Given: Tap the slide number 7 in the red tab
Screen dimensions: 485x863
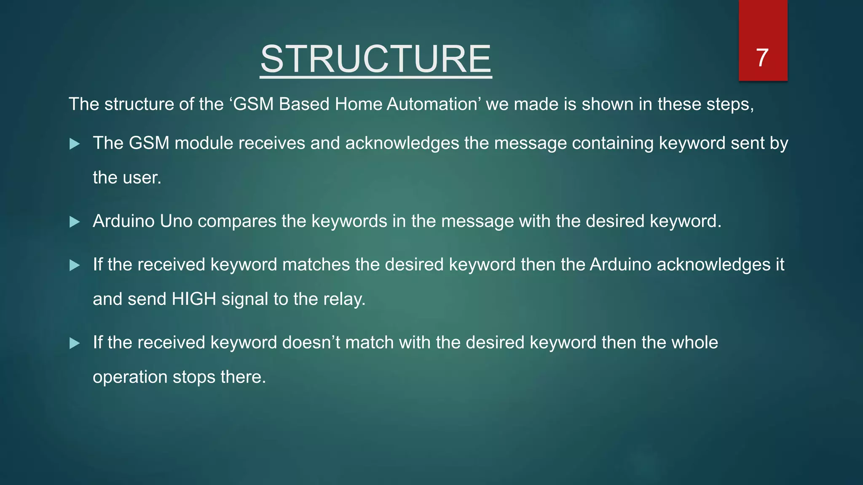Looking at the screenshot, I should point(762,58).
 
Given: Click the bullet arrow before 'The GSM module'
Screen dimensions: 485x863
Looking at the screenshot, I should point(75,144).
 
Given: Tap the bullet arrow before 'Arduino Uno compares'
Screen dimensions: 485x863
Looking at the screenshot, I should point(75,222).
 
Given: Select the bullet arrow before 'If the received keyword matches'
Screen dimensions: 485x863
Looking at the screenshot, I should point(75,265).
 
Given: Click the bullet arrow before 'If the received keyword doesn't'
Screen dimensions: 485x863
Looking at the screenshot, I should point(75,343).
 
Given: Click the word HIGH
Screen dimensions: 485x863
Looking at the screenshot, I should point(194,299).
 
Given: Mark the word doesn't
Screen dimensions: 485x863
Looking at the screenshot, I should point(311,342).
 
